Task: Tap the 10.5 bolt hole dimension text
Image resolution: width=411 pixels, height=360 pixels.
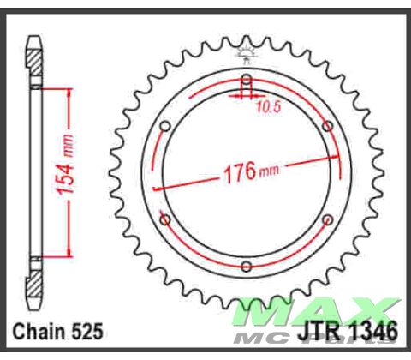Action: click(269, 109)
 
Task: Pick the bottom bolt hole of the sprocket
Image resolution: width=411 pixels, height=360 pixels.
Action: click(246, 263)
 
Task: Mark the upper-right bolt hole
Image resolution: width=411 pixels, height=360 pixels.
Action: click(326, 126)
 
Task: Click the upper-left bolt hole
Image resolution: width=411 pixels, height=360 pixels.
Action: click(166, 126)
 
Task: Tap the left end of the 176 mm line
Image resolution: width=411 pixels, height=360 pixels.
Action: click(154, 188)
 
